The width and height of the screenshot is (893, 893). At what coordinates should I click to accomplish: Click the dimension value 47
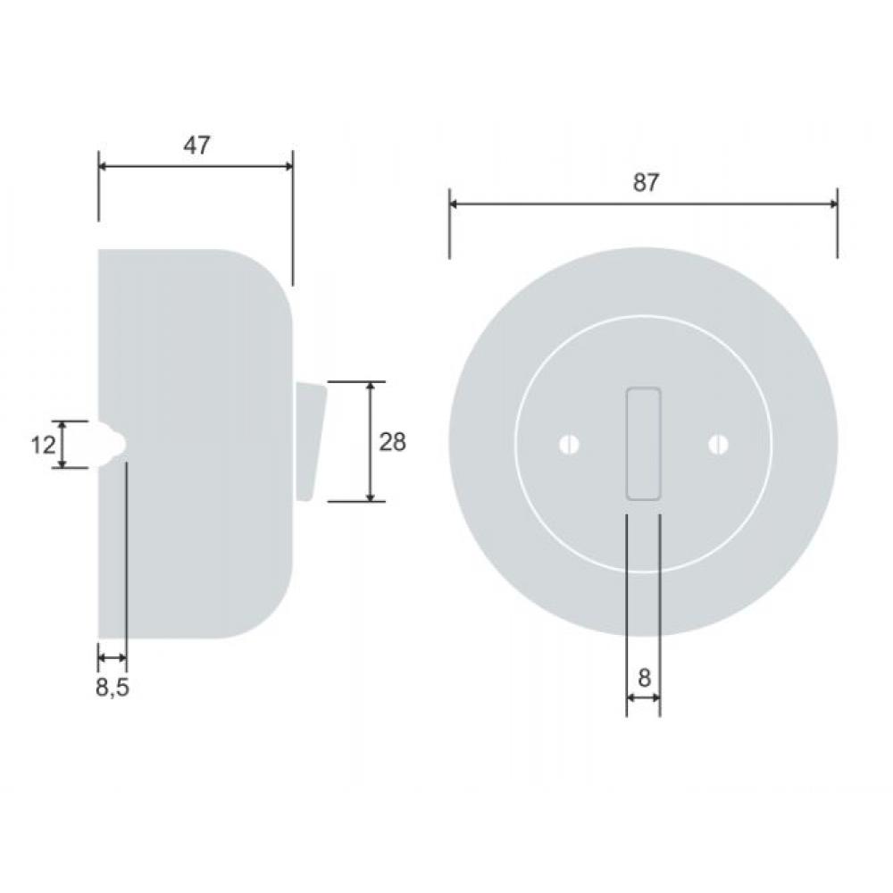pos(196,146)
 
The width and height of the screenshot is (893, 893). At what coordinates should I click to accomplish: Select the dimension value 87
pos(646,183)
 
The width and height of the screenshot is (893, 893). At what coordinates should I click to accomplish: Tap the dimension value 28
pos(392,442)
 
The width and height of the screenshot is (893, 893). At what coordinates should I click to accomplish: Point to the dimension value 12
pos(43,445)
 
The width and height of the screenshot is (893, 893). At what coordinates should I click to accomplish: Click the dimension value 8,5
pos(113,688)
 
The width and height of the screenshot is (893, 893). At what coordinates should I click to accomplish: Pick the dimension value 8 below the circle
pos(644,679)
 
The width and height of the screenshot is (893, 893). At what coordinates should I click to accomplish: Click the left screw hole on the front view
pos(569,445)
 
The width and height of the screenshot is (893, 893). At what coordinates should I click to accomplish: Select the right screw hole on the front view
pos(718,445)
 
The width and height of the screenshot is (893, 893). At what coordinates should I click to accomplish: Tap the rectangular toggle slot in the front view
pos(644,444)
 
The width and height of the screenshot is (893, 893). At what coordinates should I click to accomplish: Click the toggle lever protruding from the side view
pos(310,442)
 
